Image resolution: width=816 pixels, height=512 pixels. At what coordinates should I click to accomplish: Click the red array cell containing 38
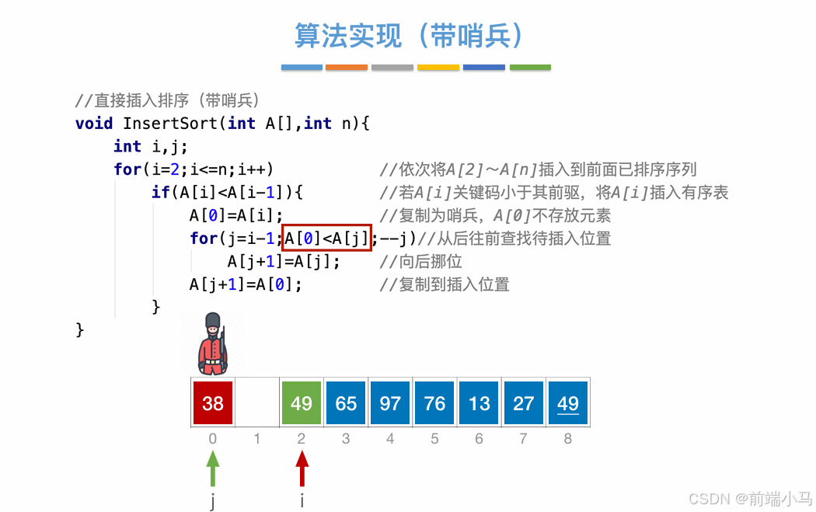coord(213,402)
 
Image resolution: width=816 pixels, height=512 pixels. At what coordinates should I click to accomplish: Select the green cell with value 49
coord(302,402)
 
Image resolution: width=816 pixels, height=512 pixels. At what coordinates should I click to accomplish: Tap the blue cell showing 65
coord(346,402)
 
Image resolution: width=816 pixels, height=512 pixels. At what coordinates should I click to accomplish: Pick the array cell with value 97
coord(390,402)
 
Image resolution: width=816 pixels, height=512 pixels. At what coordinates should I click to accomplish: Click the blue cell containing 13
coord(479,402)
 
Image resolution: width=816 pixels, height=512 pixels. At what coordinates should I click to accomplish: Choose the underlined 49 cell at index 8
coord(568,402)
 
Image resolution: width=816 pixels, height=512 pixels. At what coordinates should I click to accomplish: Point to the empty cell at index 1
coord(257,402)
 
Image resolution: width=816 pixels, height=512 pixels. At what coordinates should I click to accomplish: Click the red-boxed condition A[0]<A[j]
coord(328,238)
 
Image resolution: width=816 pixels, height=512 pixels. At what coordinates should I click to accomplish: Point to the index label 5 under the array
coord(434,439)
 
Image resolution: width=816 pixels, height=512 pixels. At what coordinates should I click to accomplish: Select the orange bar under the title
coord(347,68)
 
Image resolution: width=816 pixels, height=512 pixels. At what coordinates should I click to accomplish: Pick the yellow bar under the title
coord(438,68)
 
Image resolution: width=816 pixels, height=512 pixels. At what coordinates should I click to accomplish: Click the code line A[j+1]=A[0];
coord(246,284)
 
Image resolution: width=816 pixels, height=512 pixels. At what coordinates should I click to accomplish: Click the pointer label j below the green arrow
coord(213,500)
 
